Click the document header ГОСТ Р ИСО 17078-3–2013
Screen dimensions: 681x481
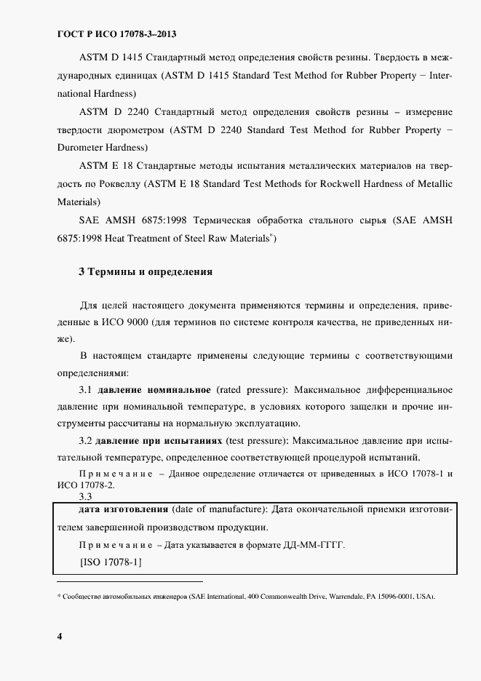[x=116, y=34]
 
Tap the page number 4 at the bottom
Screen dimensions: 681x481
[x=60, y=637]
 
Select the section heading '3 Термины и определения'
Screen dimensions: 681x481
[x=145, y=272]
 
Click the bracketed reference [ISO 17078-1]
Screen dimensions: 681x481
[x=111, y=562]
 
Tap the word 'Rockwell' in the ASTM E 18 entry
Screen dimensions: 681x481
[x=339, y=184]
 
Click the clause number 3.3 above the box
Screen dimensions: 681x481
[x=84, y=497]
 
